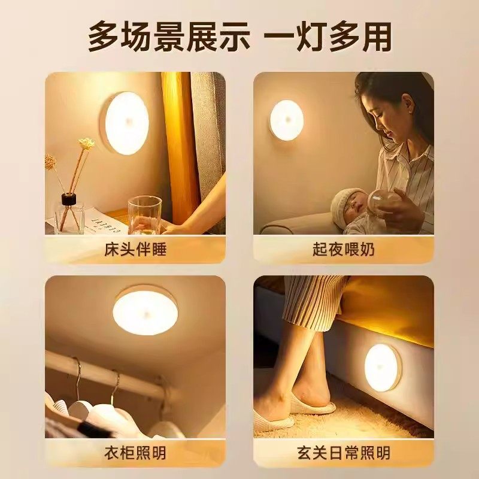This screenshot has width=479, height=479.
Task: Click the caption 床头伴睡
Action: tap(135, 249)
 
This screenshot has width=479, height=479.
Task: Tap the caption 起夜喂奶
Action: tap(343, 249)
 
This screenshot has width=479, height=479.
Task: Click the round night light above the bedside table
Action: tap(126, 123)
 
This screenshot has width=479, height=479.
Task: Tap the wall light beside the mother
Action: tap(286, 120)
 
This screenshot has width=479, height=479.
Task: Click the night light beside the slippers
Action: tap(382, 367)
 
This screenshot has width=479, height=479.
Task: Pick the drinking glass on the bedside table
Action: tap(144, 215)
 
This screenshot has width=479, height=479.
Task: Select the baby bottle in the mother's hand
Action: tap(381, 204)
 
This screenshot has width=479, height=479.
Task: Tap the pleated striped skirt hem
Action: tap(314, 302)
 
